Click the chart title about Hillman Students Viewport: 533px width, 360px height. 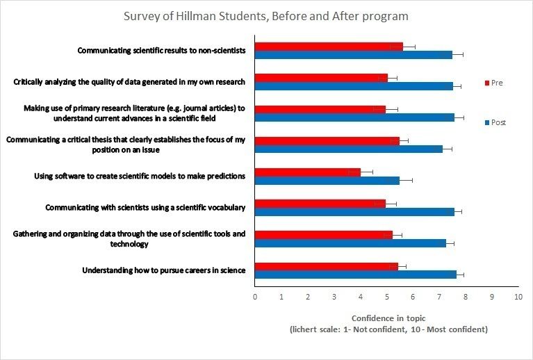click(266, 16)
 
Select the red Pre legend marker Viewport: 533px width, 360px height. click(486, 83)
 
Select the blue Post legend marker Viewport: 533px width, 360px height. click(486, 122)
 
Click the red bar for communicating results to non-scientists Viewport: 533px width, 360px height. click(329, 47)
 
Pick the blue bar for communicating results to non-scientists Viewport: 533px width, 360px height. click(353, 55)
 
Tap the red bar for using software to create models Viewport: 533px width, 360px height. click(308, 172)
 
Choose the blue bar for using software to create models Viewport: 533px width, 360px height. click(327, 180)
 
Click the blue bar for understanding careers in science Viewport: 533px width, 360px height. click(356, 274)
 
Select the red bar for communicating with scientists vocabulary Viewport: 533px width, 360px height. click(320, 203)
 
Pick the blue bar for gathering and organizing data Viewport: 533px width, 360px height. click(350, 243)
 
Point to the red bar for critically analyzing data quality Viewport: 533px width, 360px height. click(321, 78)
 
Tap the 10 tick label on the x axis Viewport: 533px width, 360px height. click(518, 297)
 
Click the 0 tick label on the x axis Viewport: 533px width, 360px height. click(255, 297)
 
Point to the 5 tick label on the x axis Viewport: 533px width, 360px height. click(386, 297)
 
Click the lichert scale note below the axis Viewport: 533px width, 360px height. click(388, 329)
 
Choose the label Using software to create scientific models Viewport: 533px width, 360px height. click(140, 176)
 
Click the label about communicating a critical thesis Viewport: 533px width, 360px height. click(126, 145)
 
